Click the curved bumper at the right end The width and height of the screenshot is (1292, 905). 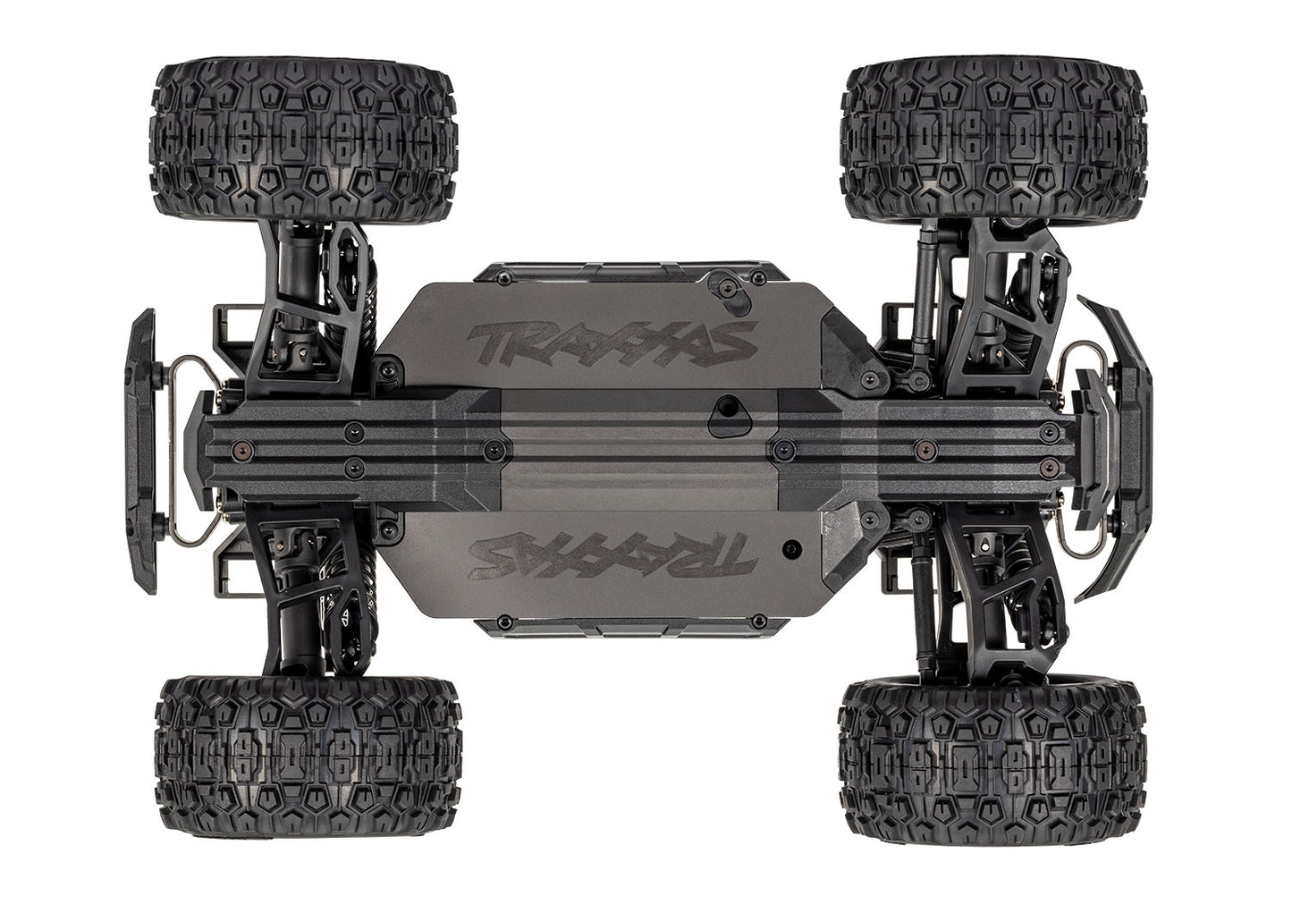pyautogui.click(x=1128, y=447)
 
